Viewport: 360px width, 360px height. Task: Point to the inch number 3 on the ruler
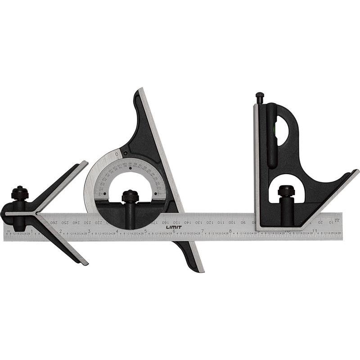[89, 231]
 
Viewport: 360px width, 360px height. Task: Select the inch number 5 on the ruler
[146, 231]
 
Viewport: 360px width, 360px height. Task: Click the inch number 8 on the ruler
[230, 231]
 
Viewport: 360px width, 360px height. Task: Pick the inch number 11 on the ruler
[315, 231]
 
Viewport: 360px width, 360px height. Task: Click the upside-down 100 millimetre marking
[231, 222]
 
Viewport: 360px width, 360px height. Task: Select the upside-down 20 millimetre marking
[320, 222]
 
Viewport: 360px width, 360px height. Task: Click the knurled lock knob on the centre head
[20, 193]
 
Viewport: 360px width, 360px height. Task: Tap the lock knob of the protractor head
[130, 196]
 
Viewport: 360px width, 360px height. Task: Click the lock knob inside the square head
[286, 191]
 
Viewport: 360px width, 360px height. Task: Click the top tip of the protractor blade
[140, 90]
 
